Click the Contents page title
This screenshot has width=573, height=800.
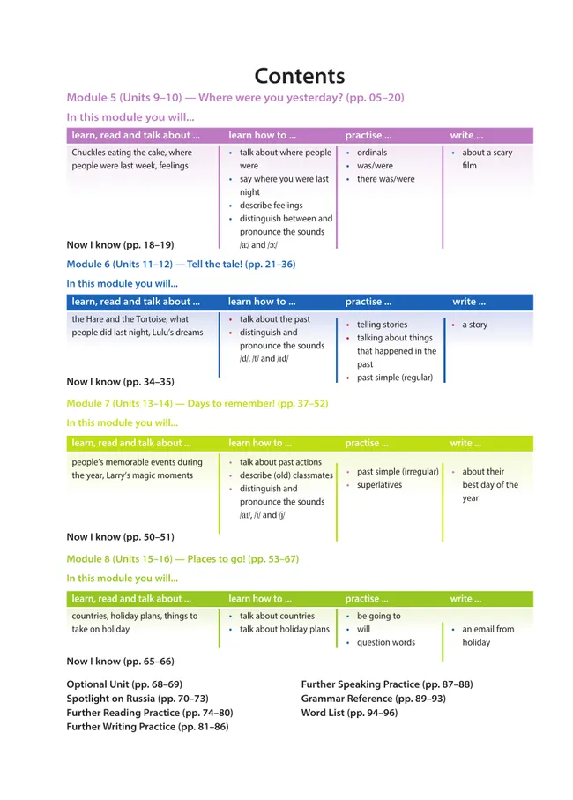(300, 76)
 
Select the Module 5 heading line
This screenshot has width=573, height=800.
(235, 97)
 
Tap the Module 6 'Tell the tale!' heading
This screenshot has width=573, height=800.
(181, 264)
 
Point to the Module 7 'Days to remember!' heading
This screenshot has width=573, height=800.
(197, 403)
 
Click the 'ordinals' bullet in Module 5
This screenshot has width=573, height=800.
(371, 153)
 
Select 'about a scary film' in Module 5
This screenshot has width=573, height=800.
(487, 159)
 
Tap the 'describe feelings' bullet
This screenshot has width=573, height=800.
(271, 206)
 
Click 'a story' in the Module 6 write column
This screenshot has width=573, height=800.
(474, 325)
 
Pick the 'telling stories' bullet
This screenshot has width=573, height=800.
(382, 325)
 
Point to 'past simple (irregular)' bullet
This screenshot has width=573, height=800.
(398, 472)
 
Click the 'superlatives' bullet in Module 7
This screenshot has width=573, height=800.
(379, 485)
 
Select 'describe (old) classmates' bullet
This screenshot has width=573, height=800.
(286, 475)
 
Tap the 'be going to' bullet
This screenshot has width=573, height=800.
(378, 617)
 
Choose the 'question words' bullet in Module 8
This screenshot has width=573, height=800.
(385, 643)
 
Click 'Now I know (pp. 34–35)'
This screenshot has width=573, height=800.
(121, 382)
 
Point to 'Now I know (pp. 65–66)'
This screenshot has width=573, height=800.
(121, 661)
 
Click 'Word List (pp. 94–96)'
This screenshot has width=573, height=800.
(349, 713)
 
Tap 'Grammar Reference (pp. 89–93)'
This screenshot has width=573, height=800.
(374, 699)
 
